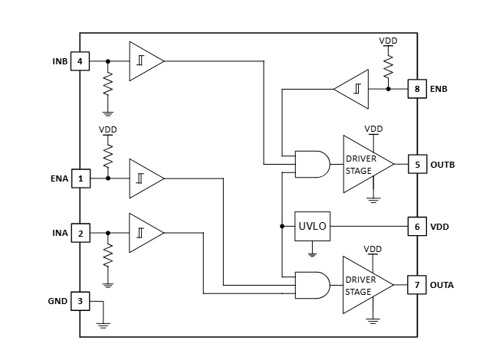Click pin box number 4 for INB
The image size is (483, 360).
tap(80, 61)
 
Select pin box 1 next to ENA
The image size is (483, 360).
tap(81, 178)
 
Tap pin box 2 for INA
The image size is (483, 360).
tap(80, 233)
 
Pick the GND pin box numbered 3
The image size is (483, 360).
tap(80, 301)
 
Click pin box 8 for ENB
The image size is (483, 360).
tap(417, 89)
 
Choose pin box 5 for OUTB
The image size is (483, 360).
tap(417, 164)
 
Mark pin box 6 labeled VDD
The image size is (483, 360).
tap(417, 227)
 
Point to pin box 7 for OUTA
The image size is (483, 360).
tap(417, 285)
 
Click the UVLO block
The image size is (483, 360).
tap(312, 226)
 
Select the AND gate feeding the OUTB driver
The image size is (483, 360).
tap(312, 164)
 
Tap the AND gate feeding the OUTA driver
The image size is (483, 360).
tap(312, 285)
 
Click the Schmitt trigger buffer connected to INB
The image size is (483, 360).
tap(146, 61)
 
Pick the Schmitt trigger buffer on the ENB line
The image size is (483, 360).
tap(351, 89)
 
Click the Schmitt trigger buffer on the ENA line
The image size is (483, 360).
tap(146, 178)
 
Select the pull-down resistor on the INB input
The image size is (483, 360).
tap(108, 83)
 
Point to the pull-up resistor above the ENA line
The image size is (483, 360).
tap(108, 156)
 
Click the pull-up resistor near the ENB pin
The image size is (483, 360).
tap(389, 67)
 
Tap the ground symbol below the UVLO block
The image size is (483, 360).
tap(312, 254)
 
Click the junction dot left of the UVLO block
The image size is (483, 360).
tap(282, 226)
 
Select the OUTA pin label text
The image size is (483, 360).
tap(442, 285)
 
